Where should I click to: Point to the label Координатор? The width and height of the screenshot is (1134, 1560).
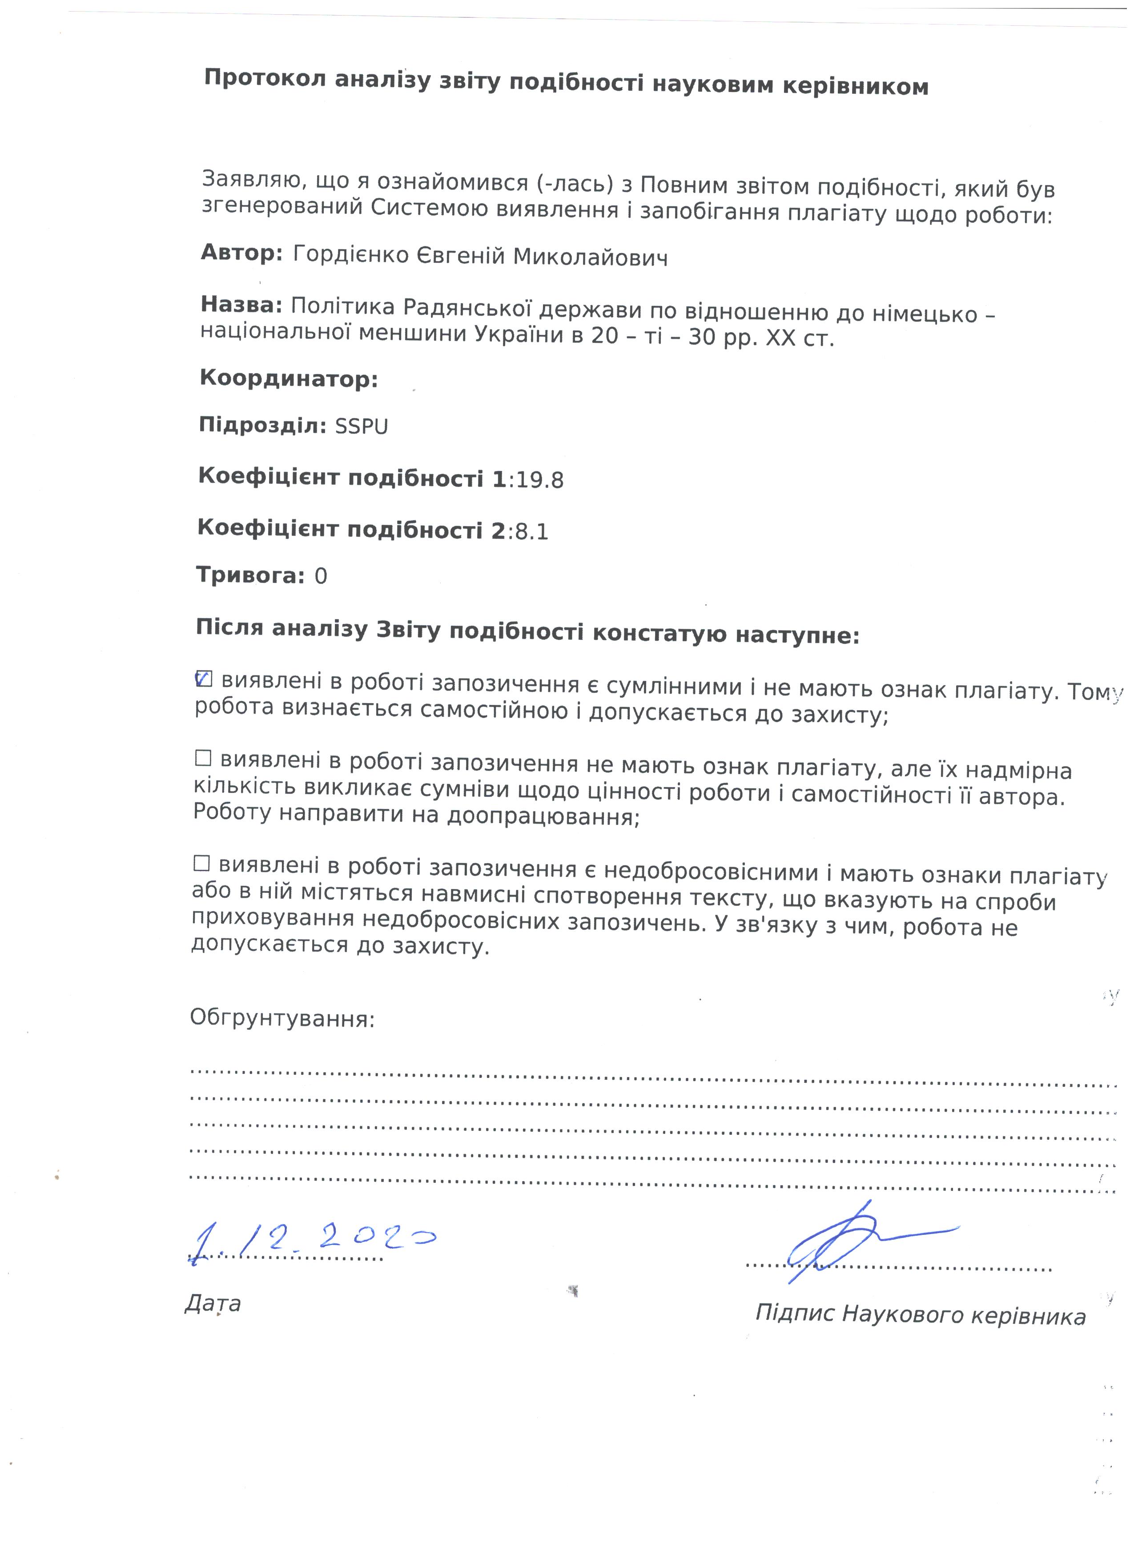tap(289, 379)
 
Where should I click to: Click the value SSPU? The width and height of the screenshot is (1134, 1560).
tap(361, 427)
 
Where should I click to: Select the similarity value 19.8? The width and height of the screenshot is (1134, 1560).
tap(540, 481)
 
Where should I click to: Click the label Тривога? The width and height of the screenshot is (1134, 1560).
tap(250, 575)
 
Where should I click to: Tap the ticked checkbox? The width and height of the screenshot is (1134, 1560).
tap(204, 679)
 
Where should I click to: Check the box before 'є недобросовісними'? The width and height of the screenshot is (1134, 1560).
tap(201, 863)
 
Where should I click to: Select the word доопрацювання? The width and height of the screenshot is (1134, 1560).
tap(543, 817)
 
